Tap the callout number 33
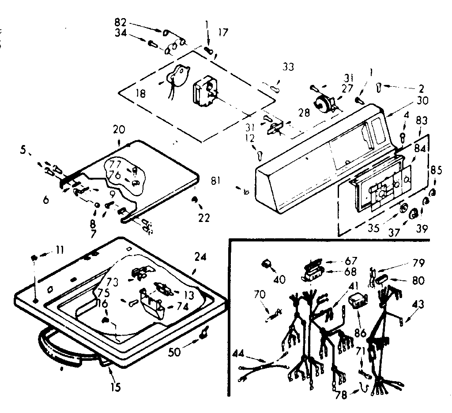[288, 67]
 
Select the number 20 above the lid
[119, 130]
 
